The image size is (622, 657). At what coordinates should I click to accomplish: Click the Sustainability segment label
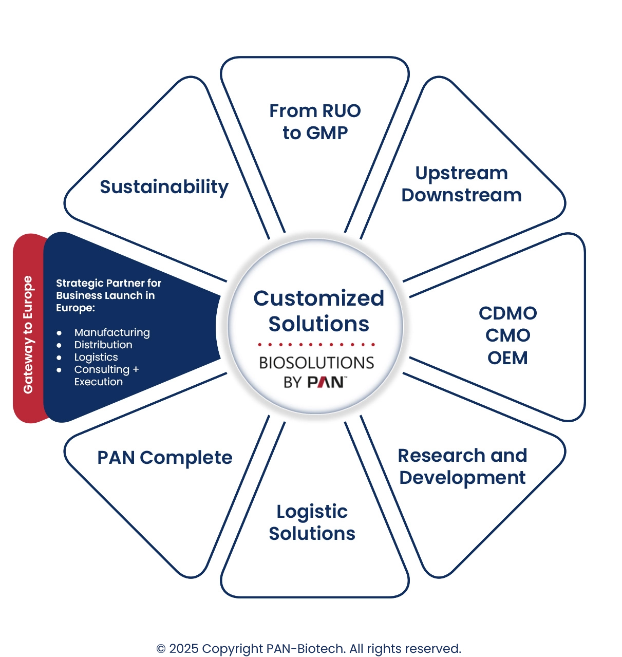[x=164, y=187]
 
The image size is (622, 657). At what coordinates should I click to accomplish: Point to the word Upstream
[x=461, y=174]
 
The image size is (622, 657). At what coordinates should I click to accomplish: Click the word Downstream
[x=461, y=195]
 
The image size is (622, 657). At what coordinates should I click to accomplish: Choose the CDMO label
[x=507, y=313]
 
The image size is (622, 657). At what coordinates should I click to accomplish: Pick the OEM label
[x=507, y=358]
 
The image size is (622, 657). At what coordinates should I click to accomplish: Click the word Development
[x=462, y=478]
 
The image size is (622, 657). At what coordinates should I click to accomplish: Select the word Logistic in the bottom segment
[x=312, y=512]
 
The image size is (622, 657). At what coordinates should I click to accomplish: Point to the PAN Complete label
[x=164, y=458]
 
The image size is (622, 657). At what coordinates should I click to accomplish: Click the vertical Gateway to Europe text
[x=28, y=335]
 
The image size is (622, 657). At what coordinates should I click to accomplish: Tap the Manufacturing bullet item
[x=112, y=332]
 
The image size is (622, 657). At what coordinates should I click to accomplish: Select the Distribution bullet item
[x=103, y=345]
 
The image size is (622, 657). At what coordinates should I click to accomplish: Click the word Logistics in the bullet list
[x=96, y=357]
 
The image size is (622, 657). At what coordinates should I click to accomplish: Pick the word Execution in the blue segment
[x=99, y=382]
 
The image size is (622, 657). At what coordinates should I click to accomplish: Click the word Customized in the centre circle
[x=318, y=298]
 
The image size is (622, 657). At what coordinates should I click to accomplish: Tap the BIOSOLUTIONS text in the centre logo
[x=316, y=363]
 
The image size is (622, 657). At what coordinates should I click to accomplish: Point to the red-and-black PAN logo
[x=326, y=382]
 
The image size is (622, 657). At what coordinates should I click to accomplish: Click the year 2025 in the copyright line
[x=183, y=649]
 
